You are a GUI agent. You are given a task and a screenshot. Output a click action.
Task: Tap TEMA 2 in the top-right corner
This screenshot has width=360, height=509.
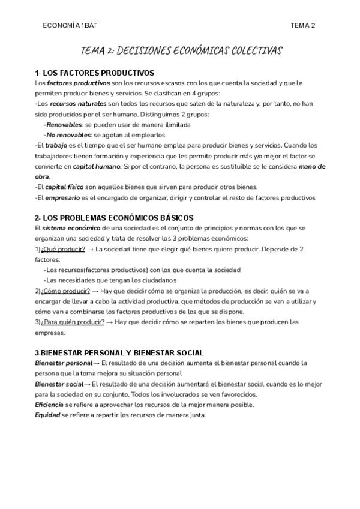[x=302, y=25]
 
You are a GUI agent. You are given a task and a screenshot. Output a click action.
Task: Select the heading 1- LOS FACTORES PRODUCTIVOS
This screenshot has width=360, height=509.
[x=94, y=73]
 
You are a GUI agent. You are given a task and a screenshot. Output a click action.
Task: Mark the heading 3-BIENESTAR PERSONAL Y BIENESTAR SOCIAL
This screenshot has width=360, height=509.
[x=119, y=352]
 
